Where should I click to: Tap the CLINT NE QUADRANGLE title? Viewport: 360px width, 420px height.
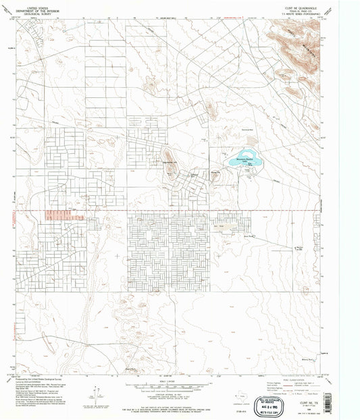[302, 5]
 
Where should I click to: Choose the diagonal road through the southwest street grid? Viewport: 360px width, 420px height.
[41, 257]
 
